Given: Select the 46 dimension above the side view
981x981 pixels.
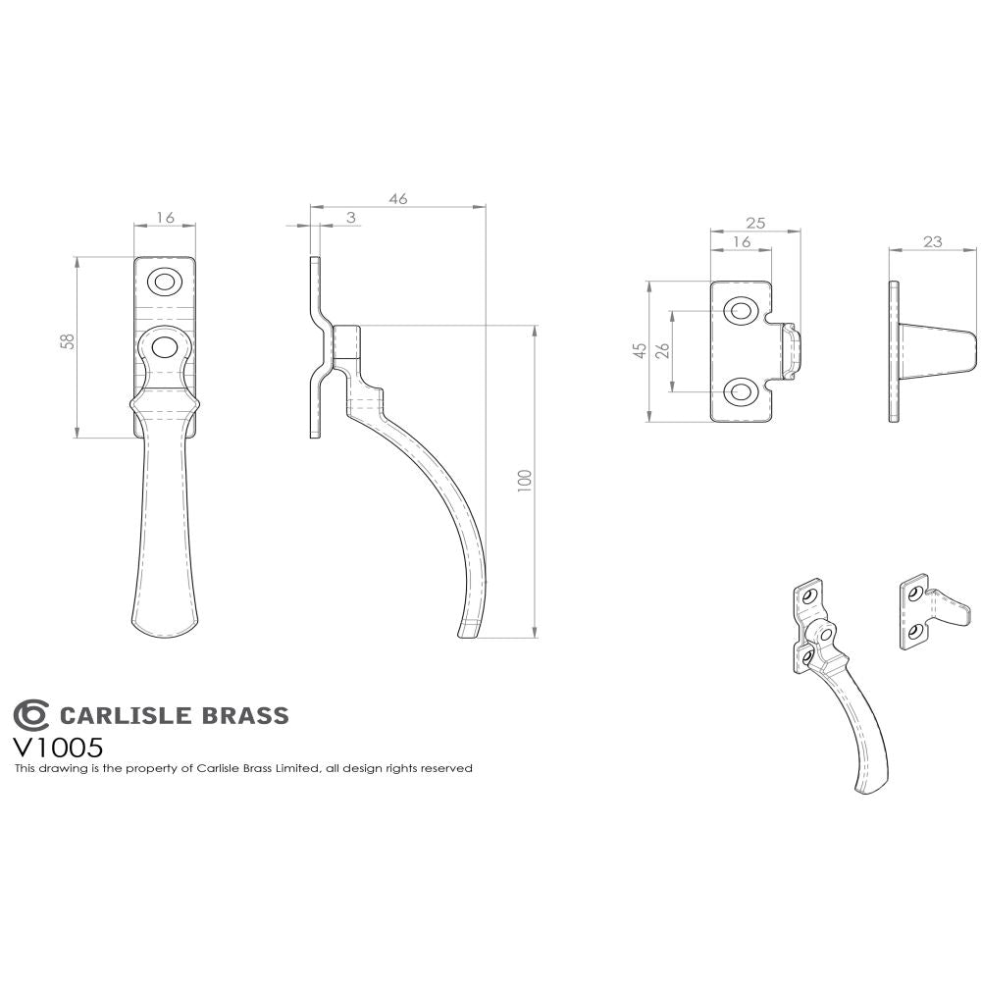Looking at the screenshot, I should [x=398, y=198].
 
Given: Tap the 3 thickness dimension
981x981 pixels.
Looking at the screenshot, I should [x=351, y=218].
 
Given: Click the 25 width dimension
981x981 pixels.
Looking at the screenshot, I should [x=755, y=223].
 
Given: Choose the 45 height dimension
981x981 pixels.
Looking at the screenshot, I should [x=638, y=352].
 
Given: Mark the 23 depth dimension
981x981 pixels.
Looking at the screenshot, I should [x=932, y=240].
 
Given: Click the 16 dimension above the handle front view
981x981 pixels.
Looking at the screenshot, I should [x=165, y=218].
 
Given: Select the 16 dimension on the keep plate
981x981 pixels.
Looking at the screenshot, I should [x=741, y=241].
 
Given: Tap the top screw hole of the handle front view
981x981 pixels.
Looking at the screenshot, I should [x=164, y=283].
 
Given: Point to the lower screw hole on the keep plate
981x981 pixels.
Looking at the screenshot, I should [x=739, y=392].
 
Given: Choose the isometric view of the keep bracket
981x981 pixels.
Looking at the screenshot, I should [x=934, y=612].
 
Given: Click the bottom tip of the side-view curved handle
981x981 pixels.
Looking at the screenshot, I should [x=468, y=632].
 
